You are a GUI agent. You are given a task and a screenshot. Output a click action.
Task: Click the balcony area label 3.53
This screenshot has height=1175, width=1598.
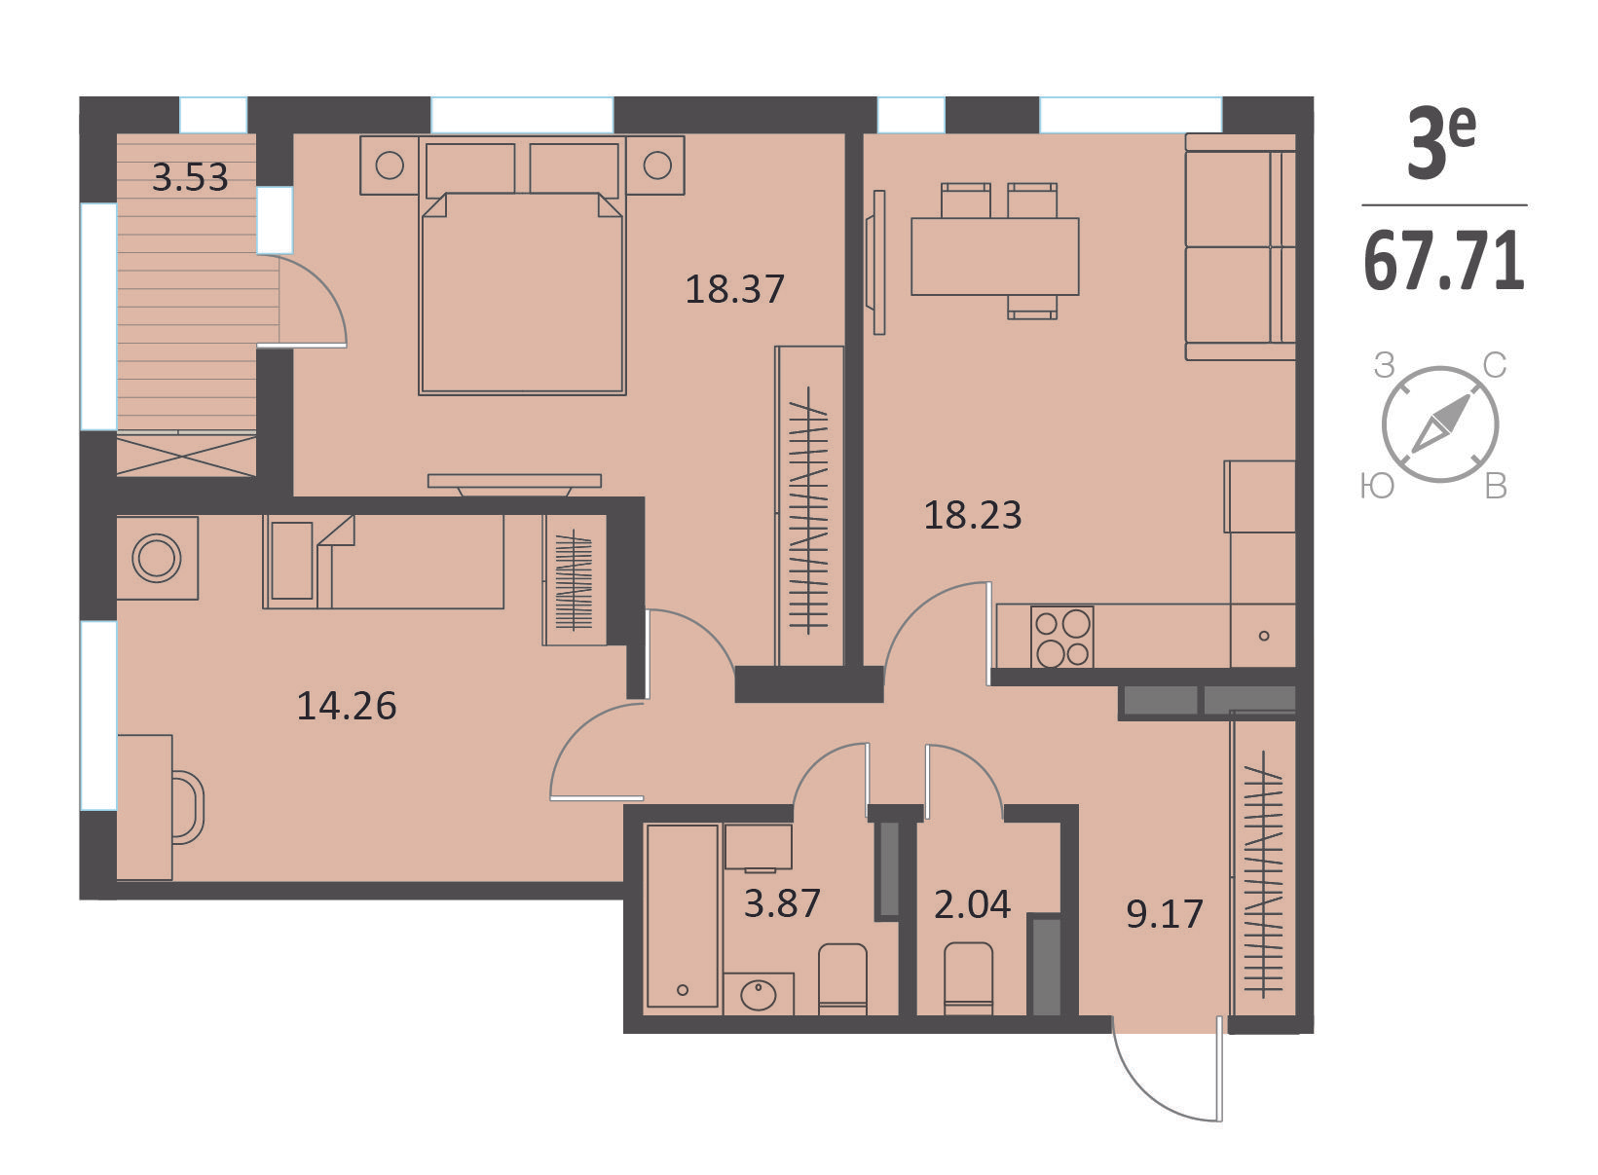[190, 177]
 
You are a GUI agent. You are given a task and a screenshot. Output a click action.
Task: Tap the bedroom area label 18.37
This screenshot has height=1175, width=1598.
[735, 289]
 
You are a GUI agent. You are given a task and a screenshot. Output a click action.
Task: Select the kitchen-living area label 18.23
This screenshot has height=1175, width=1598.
[973, 515]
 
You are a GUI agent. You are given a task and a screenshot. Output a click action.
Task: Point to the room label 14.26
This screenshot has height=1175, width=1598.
[347, 706]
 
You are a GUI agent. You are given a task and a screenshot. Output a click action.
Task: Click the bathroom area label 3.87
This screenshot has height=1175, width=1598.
[782, 903]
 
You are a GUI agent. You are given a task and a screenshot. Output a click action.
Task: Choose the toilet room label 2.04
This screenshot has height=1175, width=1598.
[973, 904]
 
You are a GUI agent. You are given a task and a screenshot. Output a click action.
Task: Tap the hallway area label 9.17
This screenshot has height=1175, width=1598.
[1165, 914]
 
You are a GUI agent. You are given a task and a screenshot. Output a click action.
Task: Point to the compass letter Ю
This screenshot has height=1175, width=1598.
[1377, 486]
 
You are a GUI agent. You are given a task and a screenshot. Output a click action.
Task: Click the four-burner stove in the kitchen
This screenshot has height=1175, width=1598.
[1061, 637]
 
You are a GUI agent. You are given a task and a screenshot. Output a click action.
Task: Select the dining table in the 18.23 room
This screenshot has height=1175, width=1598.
[995, 257]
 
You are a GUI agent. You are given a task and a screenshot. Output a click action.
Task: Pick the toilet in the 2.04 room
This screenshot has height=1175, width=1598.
[969, 978]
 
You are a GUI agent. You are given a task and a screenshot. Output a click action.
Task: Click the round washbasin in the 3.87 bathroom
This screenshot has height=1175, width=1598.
[758, 994]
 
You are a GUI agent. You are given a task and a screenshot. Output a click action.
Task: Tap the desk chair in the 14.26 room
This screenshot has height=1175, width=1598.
[188, 807]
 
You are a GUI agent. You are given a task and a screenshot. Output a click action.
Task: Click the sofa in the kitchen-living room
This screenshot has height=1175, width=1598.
[1241, 246]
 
